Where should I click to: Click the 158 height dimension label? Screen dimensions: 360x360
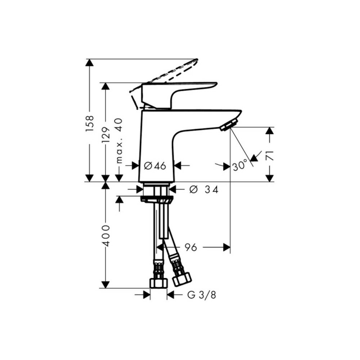tap(90, 123)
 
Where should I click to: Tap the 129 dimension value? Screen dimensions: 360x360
tap(106, 135)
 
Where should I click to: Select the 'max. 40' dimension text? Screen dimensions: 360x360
tap(119, 141)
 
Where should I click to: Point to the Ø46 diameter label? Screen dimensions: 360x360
tap(155, 166)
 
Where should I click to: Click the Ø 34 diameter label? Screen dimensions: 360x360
tap(204, 189)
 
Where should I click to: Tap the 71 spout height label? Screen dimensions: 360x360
tap(270, 156)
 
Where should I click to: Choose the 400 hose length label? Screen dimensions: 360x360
tap(106, 236)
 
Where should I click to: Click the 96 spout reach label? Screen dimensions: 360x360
tap(191, 247)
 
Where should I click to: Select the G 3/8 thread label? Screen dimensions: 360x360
tap(202, 295)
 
